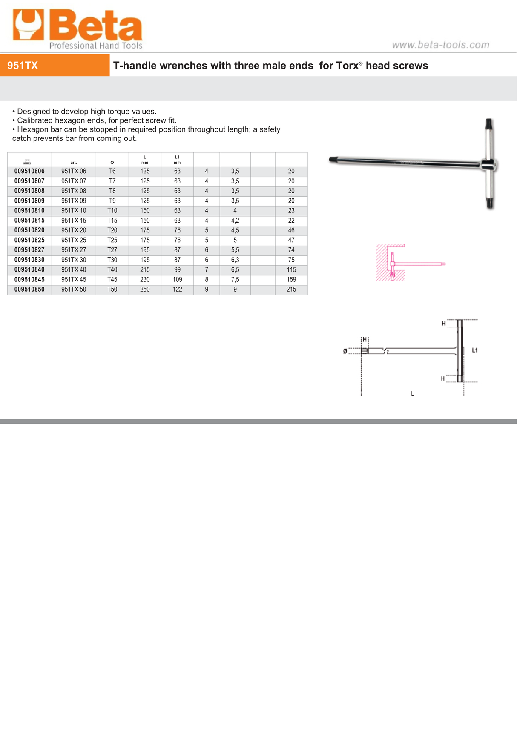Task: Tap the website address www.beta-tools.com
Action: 440,45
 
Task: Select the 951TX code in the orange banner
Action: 23,66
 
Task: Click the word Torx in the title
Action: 347,66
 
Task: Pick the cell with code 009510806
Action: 29,171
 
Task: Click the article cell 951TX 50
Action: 74,290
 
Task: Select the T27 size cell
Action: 112,250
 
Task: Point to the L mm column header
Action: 145,160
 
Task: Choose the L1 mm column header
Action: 177,160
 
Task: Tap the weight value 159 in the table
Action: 291,280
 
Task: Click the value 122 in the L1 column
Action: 177,290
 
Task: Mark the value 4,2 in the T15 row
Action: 235,221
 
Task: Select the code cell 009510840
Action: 29,270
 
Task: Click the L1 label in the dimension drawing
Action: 475,350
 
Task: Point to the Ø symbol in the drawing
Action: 345,351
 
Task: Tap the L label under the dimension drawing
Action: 412,393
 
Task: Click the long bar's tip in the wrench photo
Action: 332,159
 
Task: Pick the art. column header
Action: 74,163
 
